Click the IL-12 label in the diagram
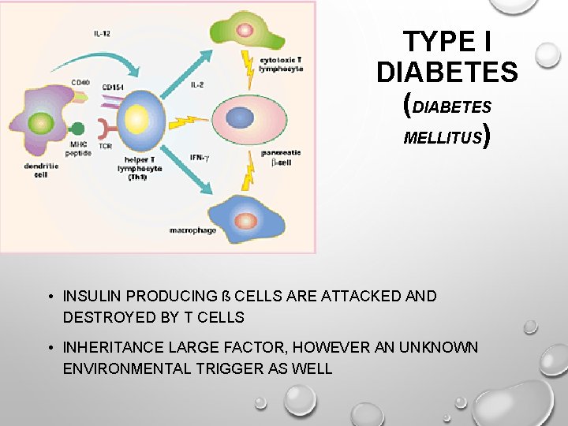pyautogui.click(x=102, y=34)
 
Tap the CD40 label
pyautogui.click(x=80, y=81)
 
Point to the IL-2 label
pyautogui.click(x=198, y=83)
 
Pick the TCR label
pyautogui.click(x=104, y=147)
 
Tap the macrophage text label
pyautogui.click(x=192, y=231)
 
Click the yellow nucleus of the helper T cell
pyautogui.click(x=137, y=121)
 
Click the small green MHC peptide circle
pyautogui.click(x=78, y=129)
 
